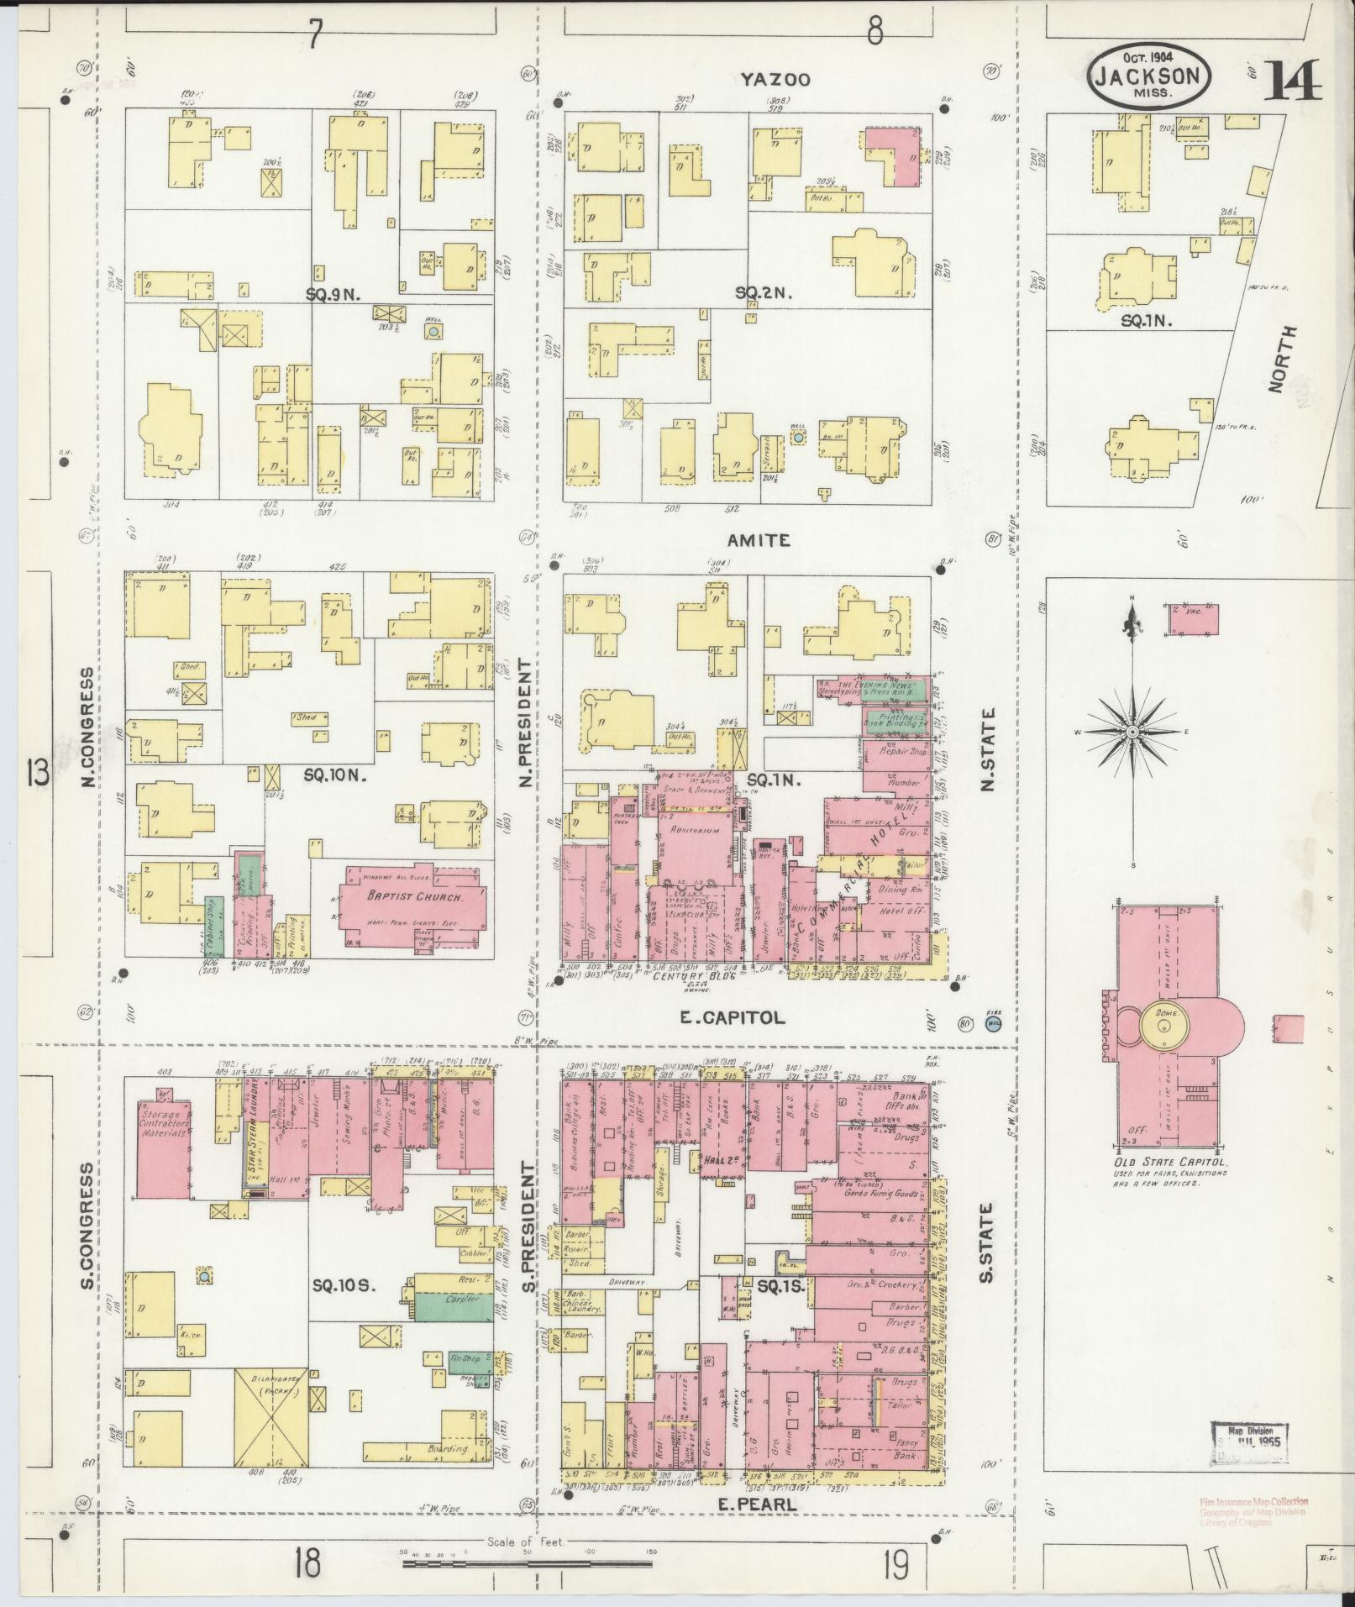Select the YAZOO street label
point(775,80)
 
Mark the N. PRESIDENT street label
point(527,722)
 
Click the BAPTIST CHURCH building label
point(412,896)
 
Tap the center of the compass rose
point(1132,733)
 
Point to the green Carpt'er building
point(454,1322)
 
